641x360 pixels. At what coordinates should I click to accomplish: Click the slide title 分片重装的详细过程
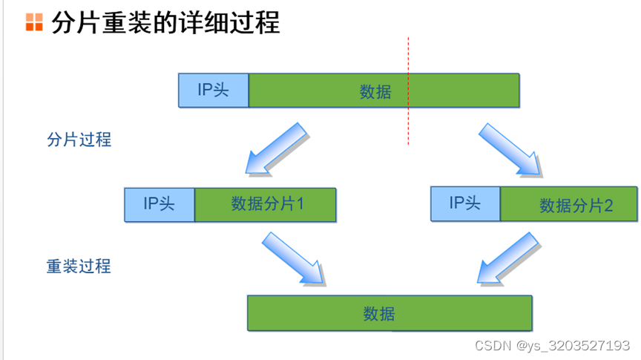(x=165, y=22)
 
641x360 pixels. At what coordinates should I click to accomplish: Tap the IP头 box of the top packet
(x=214, y=91)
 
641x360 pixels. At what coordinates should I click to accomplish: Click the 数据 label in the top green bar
(x=375, y=91)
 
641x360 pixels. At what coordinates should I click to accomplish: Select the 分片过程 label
(x=79, y=139)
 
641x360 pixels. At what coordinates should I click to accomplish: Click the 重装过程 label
(x=79, y=266)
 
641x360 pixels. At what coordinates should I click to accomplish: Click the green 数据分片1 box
(x=266, y=204)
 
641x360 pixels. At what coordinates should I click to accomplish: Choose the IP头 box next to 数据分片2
(x=466, y=203)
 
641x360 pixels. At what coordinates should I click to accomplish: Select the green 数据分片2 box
(x=568, y=204)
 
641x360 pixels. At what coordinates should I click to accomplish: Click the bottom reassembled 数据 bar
(x=389, y=313)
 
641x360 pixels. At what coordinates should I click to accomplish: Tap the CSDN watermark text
(x=493, y=346)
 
